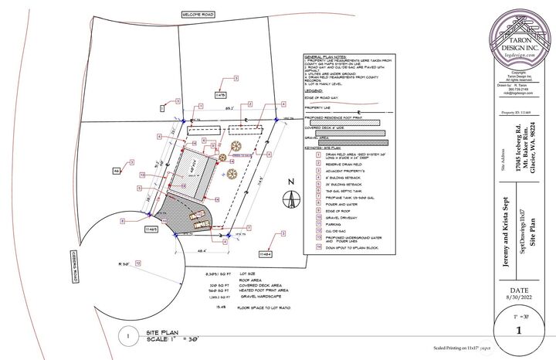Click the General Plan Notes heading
328,57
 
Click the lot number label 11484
264,254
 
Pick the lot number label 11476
220,95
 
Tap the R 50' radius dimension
124,263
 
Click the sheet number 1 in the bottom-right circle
519,331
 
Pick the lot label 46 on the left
117,170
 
